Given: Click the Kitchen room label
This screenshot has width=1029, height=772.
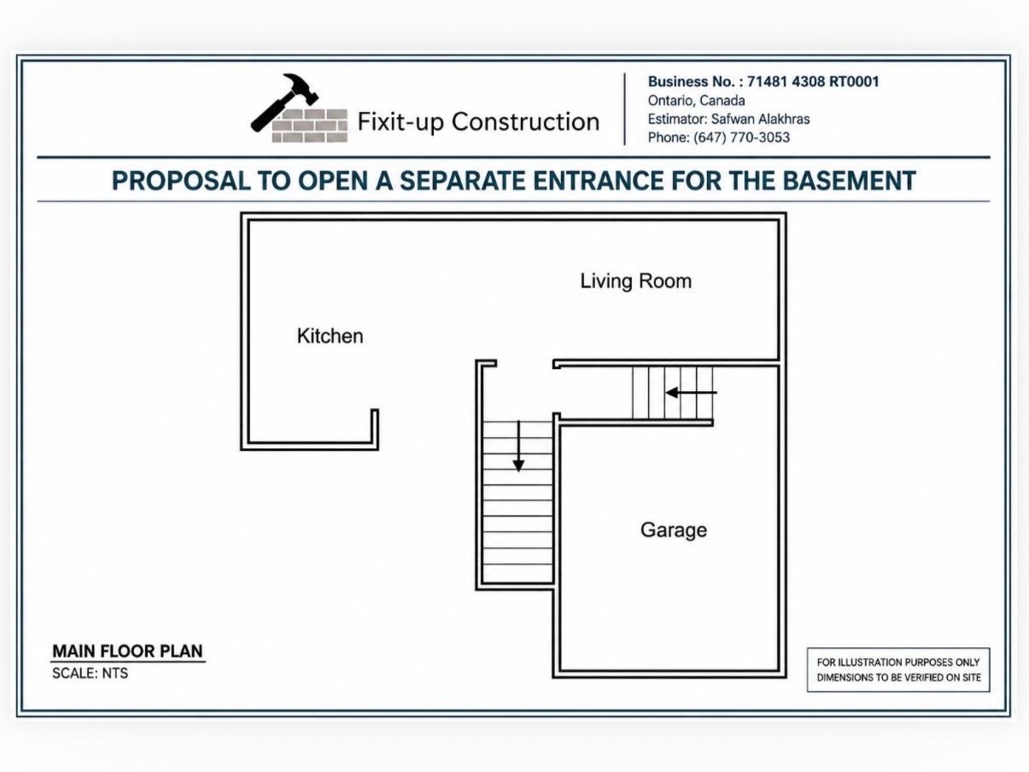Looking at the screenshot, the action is click(x=330, y=336).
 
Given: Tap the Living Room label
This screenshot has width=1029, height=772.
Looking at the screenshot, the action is click(x=636, y=281).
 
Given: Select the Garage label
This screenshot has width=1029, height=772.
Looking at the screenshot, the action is click(x=674, y=530).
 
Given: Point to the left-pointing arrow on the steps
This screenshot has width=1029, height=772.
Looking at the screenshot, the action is click(x=692, y=392).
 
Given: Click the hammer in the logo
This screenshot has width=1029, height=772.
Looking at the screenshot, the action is click(x=284, y=102).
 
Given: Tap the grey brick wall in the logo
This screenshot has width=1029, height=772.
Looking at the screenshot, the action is click(x=310, y=126).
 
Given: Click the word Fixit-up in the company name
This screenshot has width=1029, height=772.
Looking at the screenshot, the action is click(x=400, y=122).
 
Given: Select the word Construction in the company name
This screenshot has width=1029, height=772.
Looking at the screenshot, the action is click(x=525, y=122).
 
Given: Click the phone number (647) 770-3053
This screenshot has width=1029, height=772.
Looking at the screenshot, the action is click(x=741, y=137).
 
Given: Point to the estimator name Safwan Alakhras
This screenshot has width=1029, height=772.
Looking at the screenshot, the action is click(x=760, y=119).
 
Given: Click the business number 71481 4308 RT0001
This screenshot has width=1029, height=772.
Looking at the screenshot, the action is click(x=813, y=82).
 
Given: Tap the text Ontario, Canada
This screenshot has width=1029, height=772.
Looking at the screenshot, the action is click(x=696, y=100).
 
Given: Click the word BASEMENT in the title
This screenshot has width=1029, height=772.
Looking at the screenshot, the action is click(x=849, y=180).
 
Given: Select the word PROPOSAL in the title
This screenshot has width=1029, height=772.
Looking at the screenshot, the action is click(x=181, y=180).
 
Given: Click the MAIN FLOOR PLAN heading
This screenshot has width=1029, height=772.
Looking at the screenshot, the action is click(x=127, y=651).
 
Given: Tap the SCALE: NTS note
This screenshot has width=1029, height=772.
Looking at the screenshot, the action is click(x=90, y=674).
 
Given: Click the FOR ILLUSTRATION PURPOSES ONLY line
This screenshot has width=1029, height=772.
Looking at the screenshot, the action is click(x=898, y=663).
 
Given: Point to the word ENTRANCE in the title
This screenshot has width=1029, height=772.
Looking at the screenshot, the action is click(x=598, y=180).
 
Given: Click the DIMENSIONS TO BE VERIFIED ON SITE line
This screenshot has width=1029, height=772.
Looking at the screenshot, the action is click(x=898, y=677).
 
